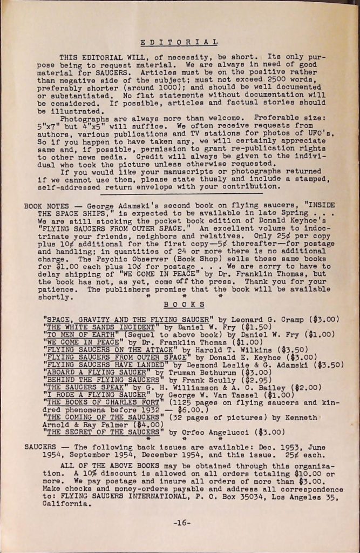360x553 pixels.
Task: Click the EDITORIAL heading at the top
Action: (x=179, y=42)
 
